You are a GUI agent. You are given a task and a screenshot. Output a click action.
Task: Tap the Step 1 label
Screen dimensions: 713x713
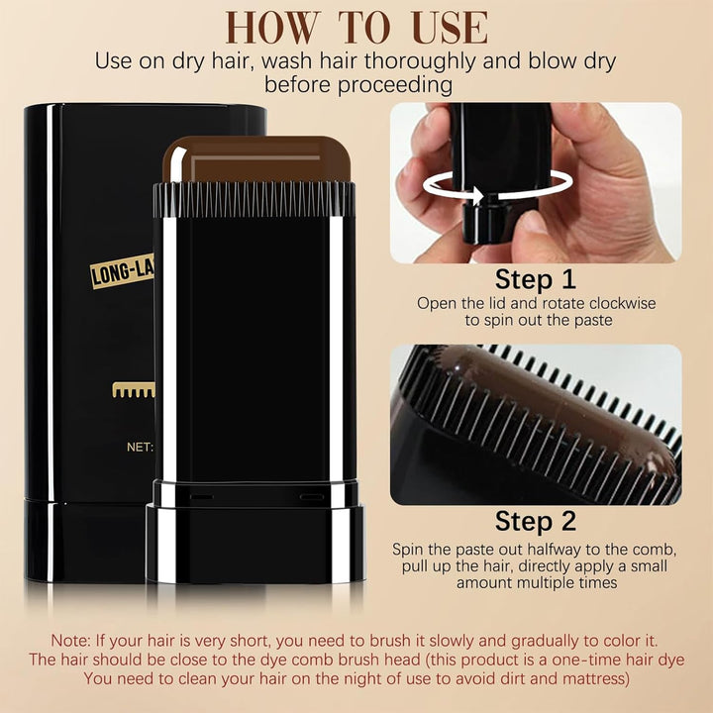tap(536, 278)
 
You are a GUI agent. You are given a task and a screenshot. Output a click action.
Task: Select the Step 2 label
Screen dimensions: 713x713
tap(536, 521)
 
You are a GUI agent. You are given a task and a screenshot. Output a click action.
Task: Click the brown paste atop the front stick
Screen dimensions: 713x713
tap(255, 158)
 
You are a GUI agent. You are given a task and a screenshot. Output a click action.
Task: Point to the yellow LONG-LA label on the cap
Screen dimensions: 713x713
tap(122, 270)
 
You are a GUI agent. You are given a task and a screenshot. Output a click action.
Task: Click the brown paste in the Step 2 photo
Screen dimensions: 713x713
tap(555, 396)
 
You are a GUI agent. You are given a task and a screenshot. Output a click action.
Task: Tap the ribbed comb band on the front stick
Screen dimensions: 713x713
tap(255, 198)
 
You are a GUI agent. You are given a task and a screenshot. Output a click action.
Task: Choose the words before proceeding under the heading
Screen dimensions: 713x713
tap(356, 85)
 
